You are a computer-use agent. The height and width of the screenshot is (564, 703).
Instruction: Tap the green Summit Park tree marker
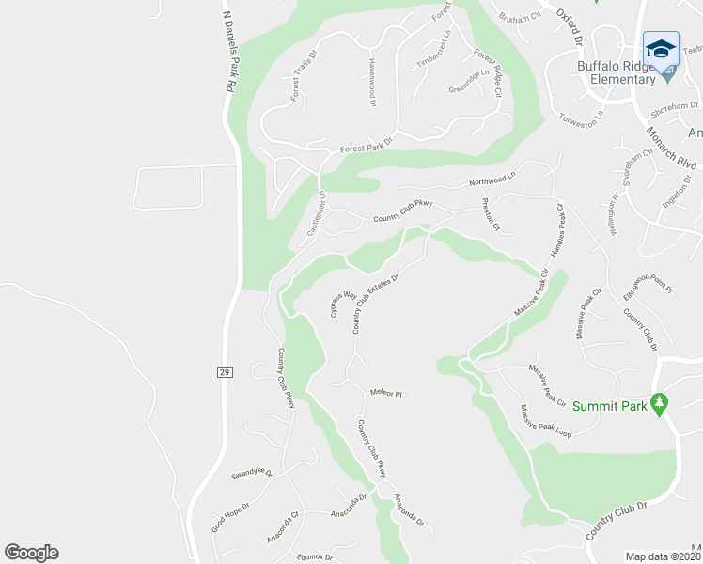pos(660,405)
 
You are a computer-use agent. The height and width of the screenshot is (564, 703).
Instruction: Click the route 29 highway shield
pos(224,373)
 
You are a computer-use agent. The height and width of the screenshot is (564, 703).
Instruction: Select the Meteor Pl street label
pos(386,394)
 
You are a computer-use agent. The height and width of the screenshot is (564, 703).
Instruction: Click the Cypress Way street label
pos(343,305)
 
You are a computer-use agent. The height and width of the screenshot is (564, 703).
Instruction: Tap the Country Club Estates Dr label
pos(376,304)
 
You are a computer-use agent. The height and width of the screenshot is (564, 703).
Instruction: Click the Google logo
pos(31,553)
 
